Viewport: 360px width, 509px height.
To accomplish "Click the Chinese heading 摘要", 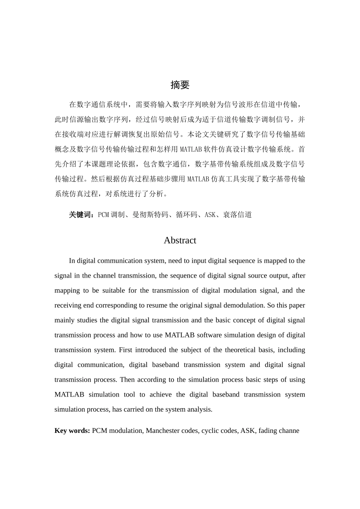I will [180, 85].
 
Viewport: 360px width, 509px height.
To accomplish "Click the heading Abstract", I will [180, 240].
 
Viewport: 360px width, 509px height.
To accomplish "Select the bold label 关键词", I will [80, 215].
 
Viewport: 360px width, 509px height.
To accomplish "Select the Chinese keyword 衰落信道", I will [237, 215].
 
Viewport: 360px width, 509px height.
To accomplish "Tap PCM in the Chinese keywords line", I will [103, 215].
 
